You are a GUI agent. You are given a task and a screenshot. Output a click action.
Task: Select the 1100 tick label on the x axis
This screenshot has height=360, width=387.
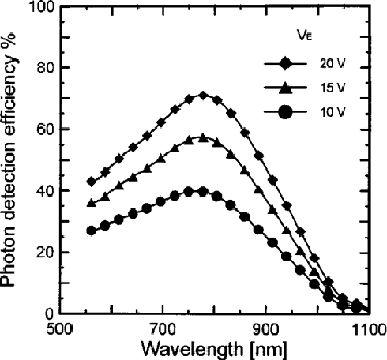(367, 328)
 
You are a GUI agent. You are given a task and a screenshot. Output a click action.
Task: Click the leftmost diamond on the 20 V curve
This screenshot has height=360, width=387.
(92, 182)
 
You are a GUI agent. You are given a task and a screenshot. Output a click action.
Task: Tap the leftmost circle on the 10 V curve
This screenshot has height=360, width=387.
(92, 231)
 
